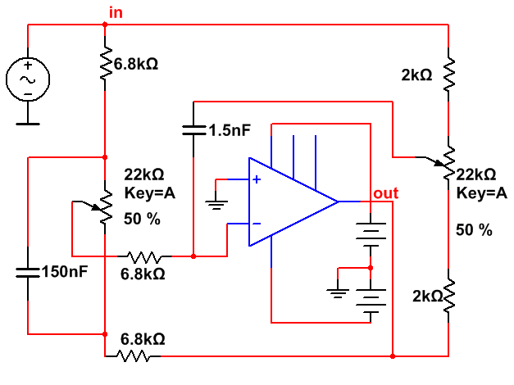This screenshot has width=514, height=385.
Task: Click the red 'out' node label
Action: coord(385,193)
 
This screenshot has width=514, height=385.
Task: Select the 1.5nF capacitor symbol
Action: coord(193,129)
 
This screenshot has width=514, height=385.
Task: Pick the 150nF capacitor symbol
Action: coord(28,271)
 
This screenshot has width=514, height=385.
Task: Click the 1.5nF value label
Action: coord(230,130)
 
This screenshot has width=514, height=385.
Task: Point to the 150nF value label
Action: coord(64,271)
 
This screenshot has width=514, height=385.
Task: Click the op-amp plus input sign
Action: coord(257,179)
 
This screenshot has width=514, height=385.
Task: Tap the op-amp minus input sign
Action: coord(257,222)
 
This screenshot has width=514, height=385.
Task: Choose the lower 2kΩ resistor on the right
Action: coord(448,301)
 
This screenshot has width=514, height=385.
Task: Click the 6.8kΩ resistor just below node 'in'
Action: coord(106,62)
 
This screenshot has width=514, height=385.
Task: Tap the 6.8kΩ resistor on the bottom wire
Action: coord(134,356)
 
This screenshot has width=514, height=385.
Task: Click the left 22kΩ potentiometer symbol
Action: coord(105,208)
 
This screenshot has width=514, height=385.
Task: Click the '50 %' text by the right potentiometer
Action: coord(474,230)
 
